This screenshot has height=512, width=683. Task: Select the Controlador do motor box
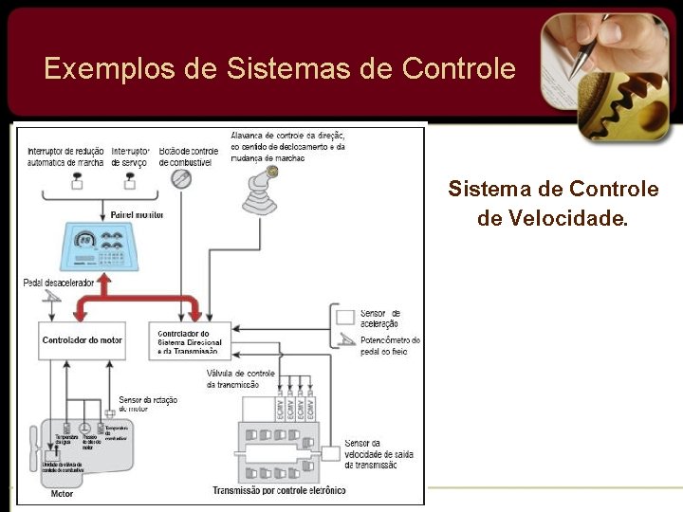83,339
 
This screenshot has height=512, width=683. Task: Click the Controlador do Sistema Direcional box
190,341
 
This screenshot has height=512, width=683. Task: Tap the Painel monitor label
137,215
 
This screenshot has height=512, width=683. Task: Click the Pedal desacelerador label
61,283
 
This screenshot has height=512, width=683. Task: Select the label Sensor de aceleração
379,319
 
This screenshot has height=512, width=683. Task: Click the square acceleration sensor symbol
345,316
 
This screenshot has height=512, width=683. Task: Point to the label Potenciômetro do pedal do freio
389,346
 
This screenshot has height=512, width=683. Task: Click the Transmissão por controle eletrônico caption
278,491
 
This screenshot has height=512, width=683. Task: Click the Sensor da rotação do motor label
147,404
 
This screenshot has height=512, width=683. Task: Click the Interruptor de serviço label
130,156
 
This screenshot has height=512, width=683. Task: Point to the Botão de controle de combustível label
189,156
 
